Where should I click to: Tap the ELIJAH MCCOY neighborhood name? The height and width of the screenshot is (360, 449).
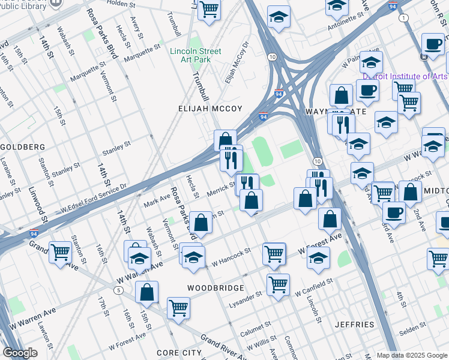pyautogui.click(x=210, y=109)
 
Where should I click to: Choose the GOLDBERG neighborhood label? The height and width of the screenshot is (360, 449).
pyautogui.click(x=23, y=147)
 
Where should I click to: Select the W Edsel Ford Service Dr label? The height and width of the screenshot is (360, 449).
pyautogui.click(x=93, y=199)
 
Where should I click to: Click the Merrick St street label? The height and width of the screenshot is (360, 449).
pyautogui.click(x=221, y=188)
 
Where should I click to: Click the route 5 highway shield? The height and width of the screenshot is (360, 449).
pyautogui.click(x=119, y=290)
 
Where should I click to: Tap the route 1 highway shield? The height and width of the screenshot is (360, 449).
pyautogui.click(x=404, y=19)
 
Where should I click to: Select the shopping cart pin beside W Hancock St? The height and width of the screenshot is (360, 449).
pyautogui.click(x=274, y=253)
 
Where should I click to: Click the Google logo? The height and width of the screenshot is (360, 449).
pyautogui.click(x=20, y=353)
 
